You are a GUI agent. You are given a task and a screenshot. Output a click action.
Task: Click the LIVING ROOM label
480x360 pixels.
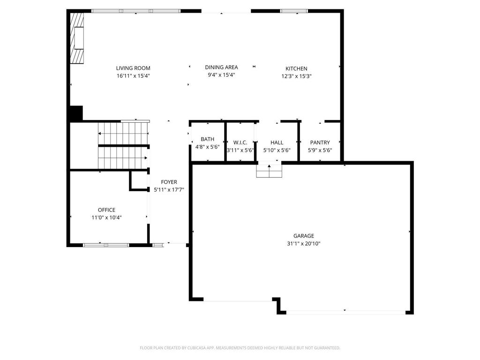(133, 68)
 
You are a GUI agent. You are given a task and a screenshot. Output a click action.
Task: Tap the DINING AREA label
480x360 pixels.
(221, 67)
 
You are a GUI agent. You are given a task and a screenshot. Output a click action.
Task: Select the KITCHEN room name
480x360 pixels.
(296, 68)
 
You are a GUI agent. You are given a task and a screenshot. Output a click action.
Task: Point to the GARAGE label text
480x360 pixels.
(304, 236)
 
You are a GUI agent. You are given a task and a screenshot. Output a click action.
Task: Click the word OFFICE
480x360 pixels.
(106, 210)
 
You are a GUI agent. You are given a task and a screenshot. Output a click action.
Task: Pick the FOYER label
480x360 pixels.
(169, 182)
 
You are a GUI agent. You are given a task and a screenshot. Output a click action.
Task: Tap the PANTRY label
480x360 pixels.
(320, 142)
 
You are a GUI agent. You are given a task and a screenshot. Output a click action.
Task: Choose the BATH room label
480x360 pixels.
(208, 139)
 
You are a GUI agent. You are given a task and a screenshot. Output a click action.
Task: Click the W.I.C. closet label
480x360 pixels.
(240, 142)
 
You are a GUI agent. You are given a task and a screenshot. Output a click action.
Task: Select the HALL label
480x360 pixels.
(277, 142)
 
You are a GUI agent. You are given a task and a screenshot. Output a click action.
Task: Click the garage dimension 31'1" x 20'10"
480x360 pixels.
(304, 244)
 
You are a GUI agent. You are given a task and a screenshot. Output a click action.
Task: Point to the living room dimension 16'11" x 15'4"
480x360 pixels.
(133, 76)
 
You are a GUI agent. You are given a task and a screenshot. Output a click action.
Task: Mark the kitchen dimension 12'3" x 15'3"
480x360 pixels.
(296, 76)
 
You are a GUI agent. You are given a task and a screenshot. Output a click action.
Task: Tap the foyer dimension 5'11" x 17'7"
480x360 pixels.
(169, 190)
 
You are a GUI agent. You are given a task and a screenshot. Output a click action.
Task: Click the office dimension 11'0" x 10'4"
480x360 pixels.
(106, 217)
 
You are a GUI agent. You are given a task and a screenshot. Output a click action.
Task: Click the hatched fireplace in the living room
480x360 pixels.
(77, 38)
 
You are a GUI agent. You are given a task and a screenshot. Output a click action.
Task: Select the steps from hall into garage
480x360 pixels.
(269, 171)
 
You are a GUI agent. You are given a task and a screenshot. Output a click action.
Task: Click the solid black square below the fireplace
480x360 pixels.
(76, 113)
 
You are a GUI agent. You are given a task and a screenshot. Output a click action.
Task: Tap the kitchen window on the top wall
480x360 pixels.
(294, 11)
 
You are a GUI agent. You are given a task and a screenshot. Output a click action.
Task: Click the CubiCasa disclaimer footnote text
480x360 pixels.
(240, 348)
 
